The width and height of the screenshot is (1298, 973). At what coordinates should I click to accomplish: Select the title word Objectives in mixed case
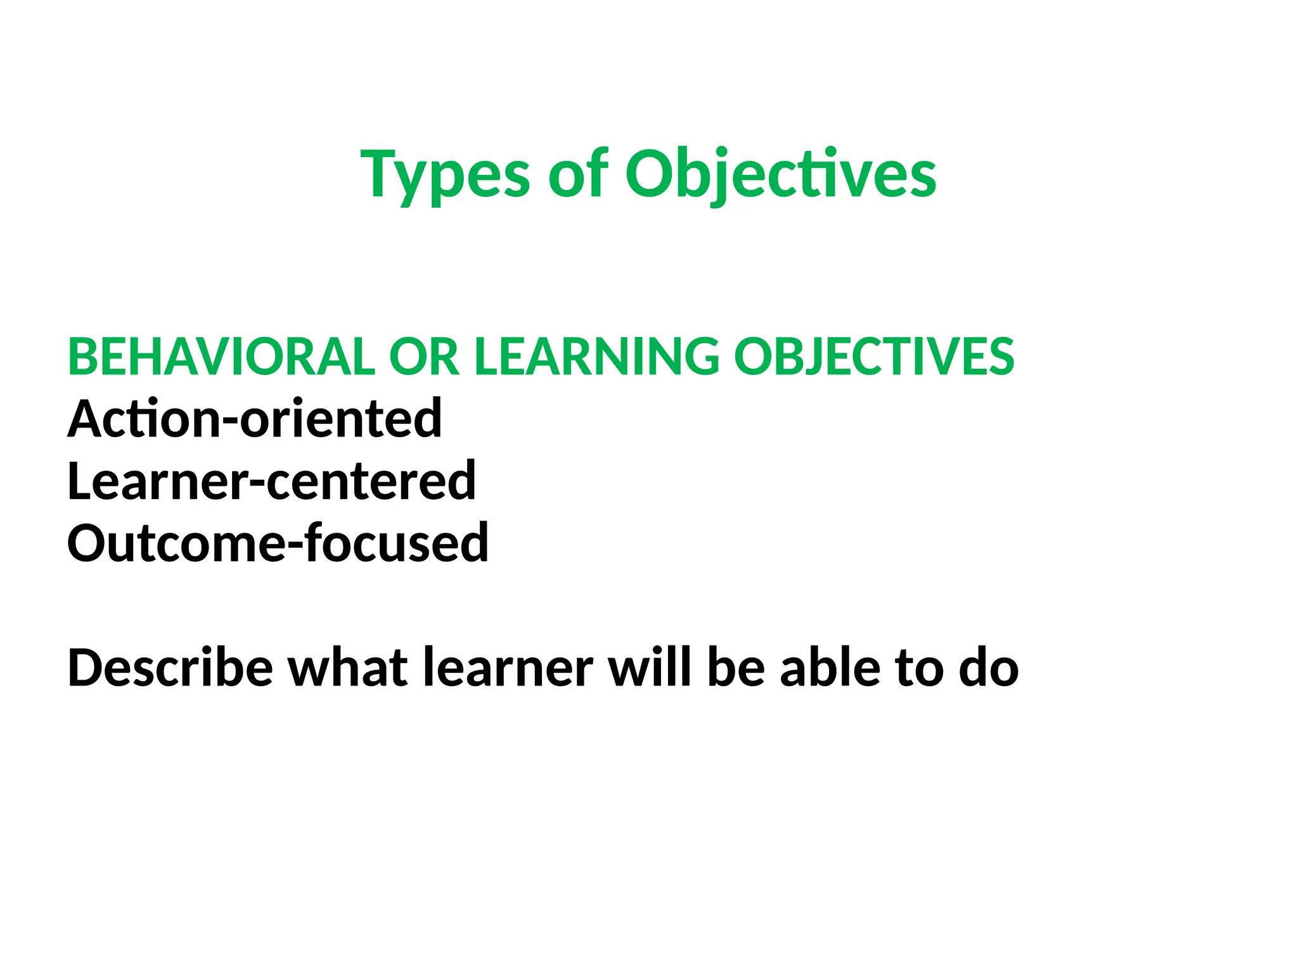[780, 174]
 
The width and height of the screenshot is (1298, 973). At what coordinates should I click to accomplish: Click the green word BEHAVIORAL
[221, 357]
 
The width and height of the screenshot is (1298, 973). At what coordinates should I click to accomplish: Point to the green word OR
[423, 357]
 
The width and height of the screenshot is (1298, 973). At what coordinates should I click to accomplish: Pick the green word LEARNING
[596, 357]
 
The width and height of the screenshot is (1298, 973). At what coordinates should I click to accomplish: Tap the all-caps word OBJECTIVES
[874, 357]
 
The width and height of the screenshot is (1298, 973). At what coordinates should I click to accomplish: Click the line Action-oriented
[254, 419]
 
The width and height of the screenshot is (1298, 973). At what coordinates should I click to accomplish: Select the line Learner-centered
[271, 481]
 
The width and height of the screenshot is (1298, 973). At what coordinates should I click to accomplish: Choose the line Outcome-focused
[278, 543]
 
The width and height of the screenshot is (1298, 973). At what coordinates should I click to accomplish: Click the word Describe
[170, 668]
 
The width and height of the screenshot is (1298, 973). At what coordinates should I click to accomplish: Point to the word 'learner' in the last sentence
[508, 668]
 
